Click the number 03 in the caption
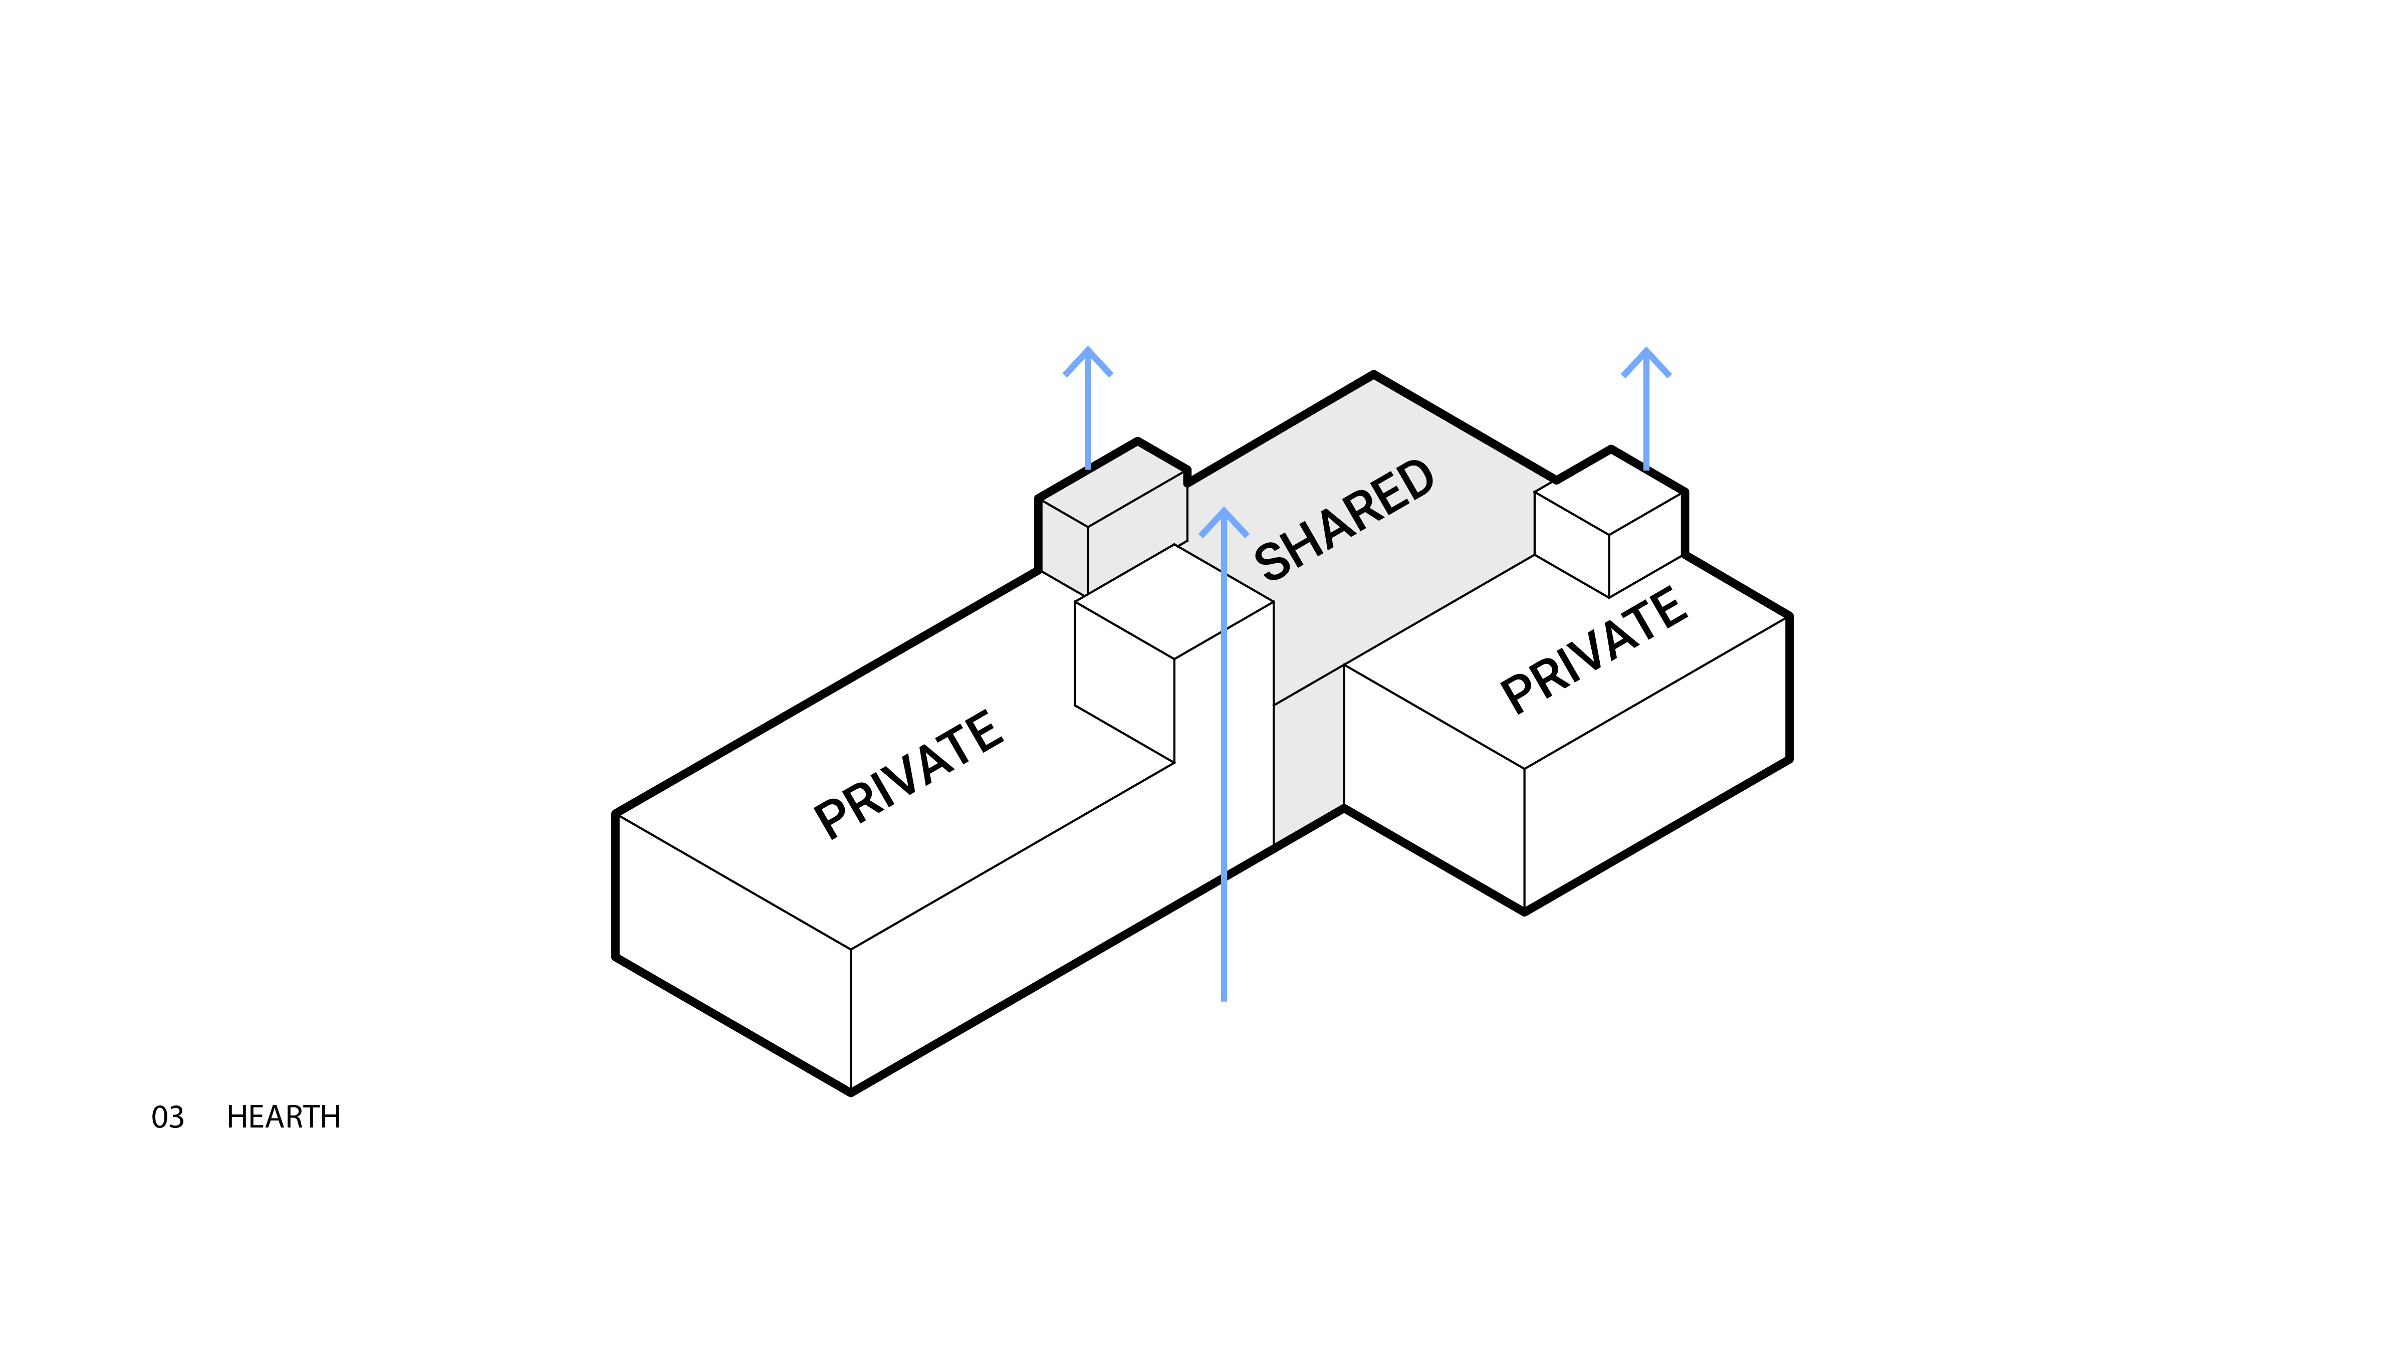tap(168, 1117)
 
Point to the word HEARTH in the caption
tap(284, 1117)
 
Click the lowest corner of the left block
tap(851, 1090)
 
